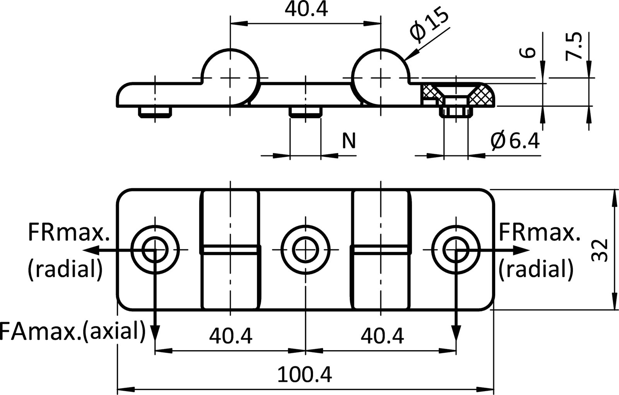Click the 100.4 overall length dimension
click(x=305, y=374)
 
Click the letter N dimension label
click(x=349, y=141)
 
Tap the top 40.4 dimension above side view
click(x=306, y=10)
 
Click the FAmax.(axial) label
click(x=73, y=330)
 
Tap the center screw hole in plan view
click(x=306, y=250)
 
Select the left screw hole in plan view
click(x=155, y=250)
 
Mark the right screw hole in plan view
click(x=457, y=250)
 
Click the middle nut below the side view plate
click(x=305, y=112)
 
